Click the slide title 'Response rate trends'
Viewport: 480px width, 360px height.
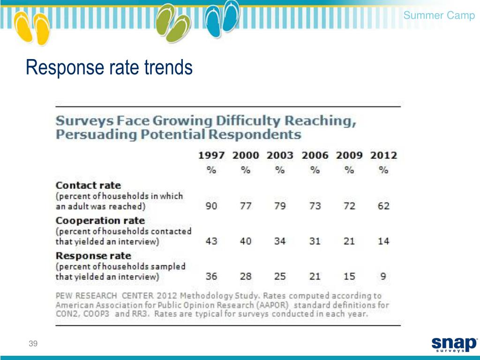109,68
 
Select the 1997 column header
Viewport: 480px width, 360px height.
211,155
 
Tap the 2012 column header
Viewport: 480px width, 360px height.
383,155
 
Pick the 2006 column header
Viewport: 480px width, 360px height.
315,155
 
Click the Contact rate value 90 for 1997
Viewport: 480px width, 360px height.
211,206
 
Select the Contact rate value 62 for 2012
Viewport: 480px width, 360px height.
383,206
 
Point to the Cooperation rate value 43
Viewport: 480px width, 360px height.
211,241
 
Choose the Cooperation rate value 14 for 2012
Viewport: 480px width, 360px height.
383,241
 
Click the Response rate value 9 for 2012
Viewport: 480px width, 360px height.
383,276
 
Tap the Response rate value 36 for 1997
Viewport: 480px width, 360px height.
211,276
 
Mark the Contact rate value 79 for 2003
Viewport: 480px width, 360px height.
280,206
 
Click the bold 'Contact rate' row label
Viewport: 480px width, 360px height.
88,185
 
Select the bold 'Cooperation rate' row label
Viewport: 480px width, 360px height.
100,220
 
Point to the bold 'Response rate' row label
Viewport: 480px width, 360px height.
93,256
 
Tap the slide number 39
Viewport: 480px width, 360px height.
33,344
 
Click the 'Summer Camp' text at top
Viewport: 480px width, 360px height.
439,15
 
